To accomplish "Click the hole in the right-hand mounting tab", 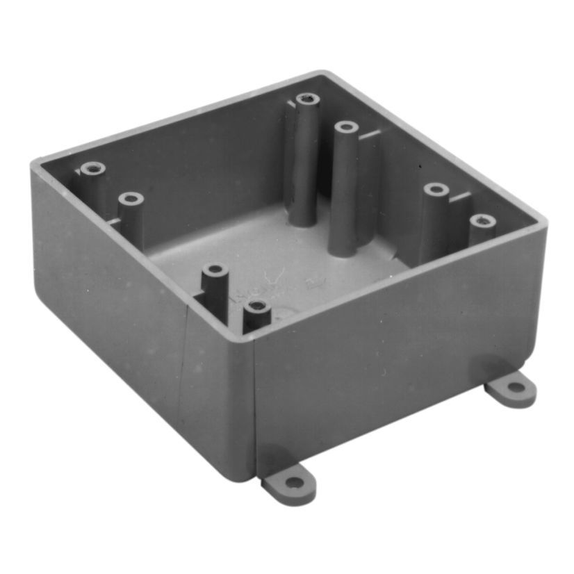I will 515,387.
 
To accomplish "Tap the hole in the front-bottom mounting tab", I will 295,482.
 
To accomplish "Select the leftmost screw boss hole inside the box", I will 92,168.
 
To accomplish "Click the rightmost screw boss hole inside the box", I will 482,221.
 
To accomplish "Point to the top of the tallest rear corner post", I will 306,99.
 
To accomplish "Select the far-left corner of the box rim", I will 35,164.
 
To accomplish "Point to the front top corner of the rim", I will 252,336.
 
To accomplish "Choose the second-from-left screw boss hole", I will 130,199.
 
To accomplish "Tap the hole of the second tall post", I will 345,127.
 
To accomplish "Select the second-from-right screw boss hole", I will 435,189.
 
